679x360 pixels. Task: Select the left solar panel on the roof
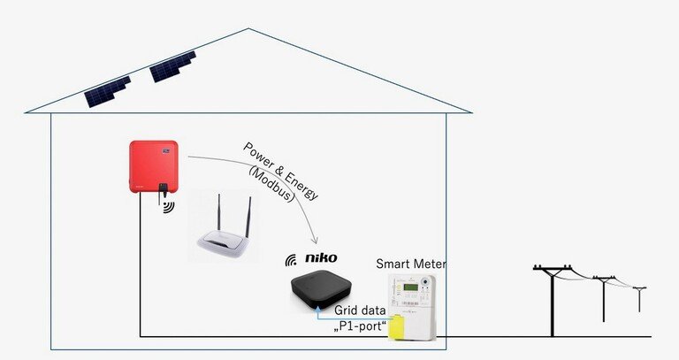(x=108, y=92)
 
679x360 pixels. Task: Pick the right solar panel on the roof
(x=172, y=66)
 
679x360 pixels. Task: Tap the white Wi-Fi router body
(x=225, y=241)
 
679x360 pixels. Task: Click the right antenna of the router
(x=248, y=218)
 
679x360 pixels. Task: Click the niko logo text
(x=320, y=258)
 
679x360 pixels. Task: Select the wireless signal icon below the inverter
(x=168, y=207)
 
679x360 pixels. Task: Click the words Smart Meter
(x=411, y=264)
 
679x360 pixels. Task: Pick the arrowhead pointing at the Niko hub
(x=315, y=241)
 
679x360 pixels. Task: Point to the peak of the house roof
(x=248, y=29)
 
